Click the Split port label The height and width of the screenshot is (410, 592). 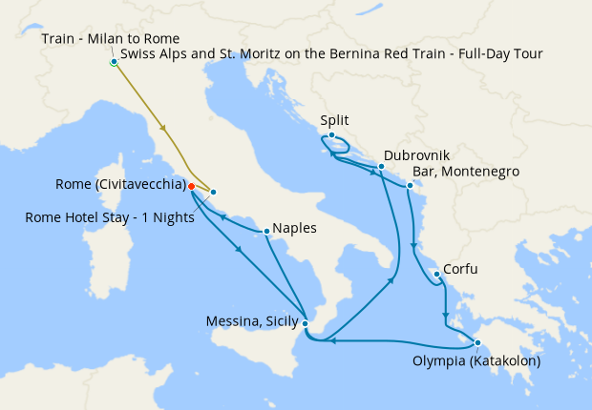[x=335, y=121]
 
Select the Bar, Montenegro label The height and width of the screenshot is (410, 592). [x=464, y=172]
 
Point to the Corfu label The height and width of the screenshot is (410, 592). [x=460, y=270]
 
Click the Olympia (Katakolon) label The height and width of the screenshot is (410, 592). [x=476, y=361]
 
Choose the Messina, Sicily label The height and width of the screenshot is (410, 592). [x=252, y=321]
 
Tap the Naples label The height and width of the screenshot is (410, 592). [x=293, y=229]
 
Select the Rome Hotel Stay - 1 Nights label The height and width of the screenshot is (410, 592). [x=110, y=217]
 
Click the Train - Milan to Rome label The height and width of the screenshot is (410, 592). [x=111, y=39]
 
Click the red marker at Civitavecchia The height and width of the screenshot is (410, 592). [x=191, y=186]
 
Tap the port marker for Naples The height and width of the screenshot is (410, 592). [x=265, y=230]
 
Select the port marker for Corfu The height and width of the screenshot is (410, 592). [x=436, y=275]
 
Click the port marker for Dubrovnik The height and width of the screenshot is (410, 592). [x=381, y=167]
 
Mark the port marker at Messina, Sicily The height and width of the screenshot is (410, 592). [x=305, y=324]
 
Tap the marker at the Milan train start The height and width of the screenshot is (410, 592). [x=114, y=62]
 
